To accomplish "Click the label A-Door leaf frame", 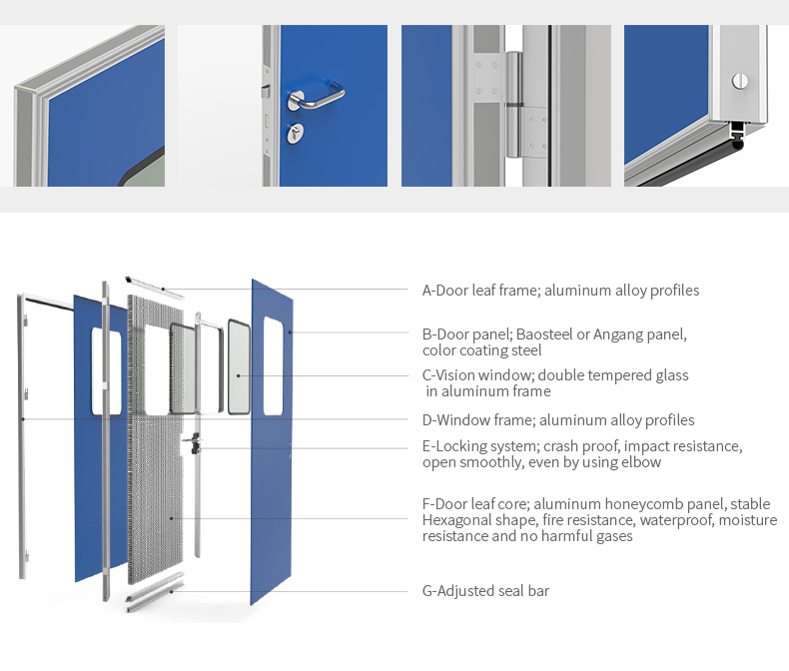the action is click(560, 291).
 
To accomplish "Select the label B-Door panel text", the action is click(554, 342).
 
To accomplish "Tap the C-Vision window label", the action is click(555, 383).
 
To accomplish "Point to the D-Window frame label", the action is click(558, 420).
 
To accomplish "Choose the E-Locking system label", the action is click(582, 454).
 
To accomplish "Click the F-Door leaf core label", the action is click(599, 520).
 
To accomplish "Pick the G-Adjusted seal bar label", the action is click(485, 590).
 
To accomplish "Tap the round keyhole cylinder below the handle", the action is click(296, 132).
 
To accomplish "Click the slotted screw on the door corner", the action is click(740, 81).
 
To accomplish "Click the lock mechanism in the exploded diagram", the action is click(194, 443).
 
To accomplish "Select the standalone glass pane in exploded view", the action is click(239, 366).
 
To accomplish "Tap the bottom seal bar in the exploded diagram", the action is click(155, 592).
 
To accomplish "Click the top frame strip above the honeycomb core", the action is click(154, 287).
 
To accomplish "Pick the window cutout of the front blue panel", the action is click(274, 366).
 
